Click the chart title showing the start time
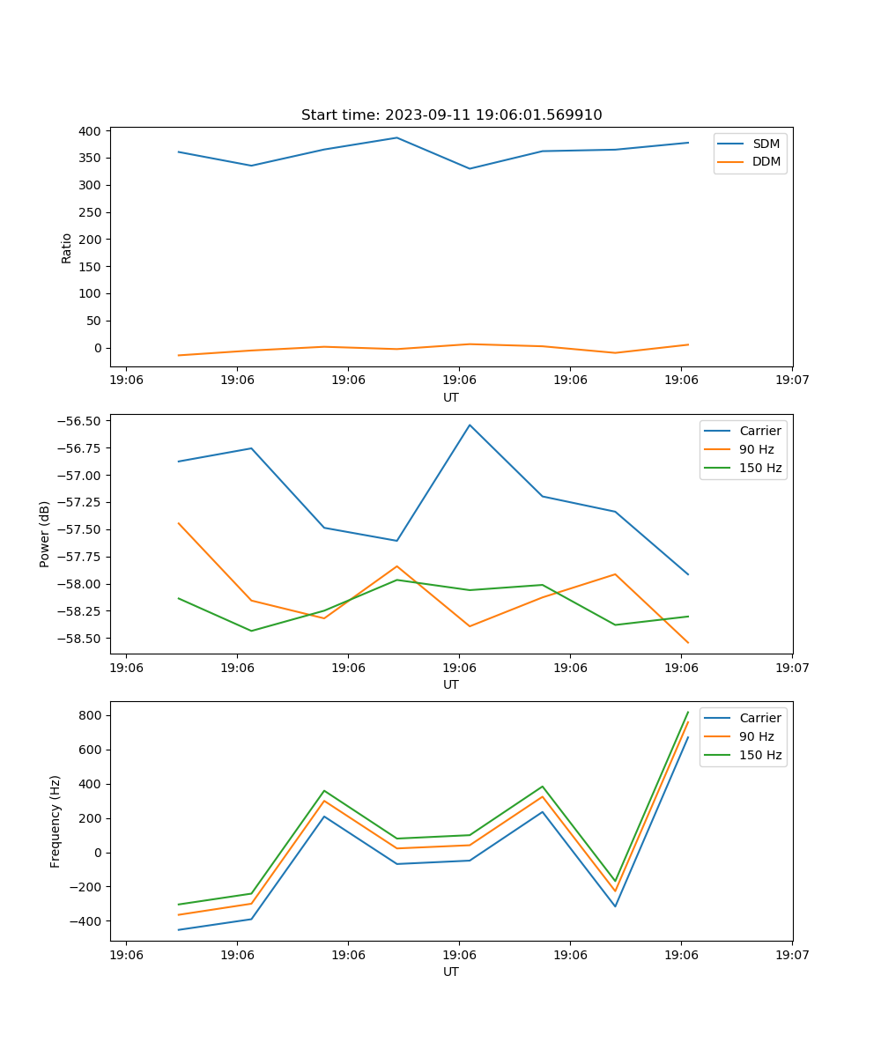click(451, 115)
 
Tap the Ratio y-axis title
click(67, 248)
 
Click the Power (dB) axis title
click(45, 534)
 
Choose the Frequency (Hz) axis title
click(56, 821)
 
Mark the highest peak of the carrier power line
click(470, 425)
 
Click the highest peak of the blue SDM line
click(396, 137)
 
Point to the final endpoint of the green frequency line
click(688, 712)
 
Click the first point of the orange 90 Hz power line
click(179, 523)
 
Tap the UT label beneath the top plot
click(451, 397)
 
